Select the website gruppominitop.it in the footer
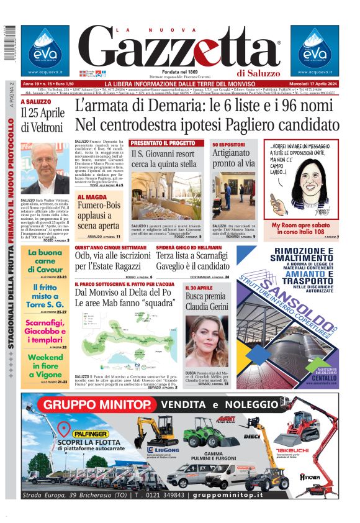(236, 495)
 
